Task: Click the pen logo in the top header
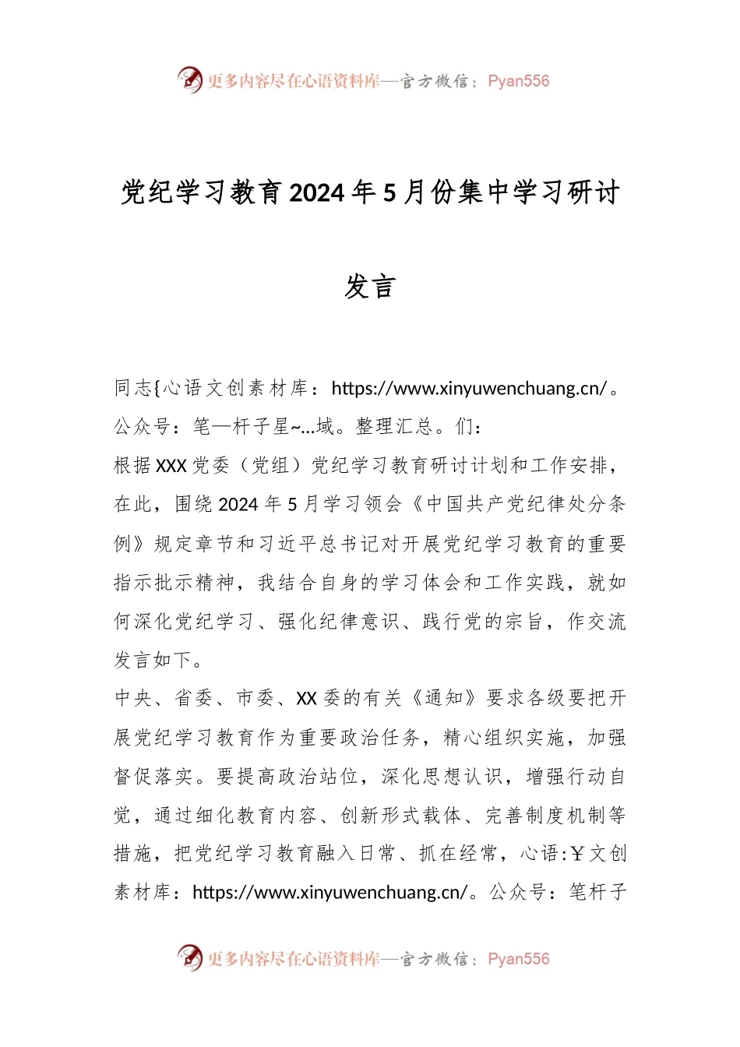tap(189, 79)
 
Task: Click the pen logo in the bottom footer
tap(189, 957)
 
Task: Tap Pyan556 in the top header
tap(518, 81)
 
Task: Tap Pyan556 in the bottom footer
tap(518, 959)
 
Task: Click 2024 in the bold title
tap(317, 192)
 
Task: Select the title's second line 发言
tap(370, 287)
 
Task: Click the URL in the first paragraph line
tap(469, 388)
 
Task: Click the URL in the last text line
tap(330, 892)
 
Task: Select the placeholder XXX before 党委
tap(171, 466)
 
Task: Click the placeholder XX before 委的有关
tap(306, 698)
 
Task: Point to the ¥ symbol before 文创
tap(576, 854)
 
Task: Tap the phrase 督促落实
tap(153, 776)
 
